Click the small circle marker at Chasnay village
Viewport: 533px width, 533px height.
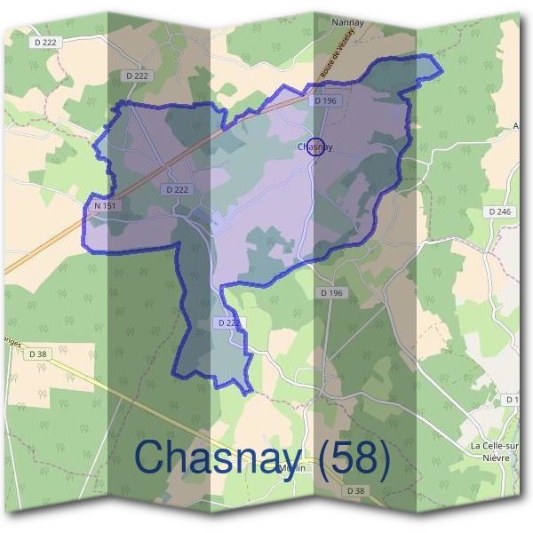click(314, 148)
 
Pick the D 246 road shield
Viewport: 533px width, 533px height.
click(499, 211)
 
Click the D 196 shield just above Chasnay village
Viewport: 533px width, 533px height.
click(325, 101)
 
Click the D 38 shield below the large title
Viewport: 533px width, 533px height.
click(355, 490)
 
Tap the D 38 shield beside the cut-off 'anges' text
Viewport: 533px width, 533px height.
click(37, 354)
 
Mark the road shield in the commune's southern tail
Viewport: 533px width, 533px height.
click(227, 323)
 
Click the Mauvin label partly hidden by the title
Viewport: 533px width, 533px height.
click(286, 470)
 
